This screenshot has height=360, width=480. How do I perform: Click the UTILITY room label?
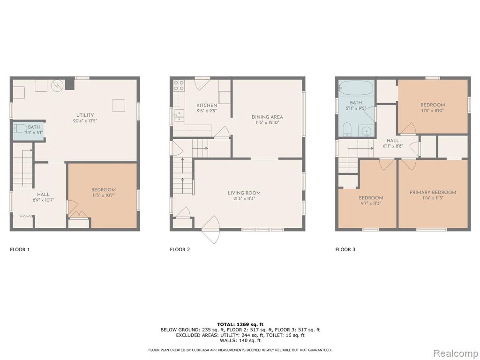click(x=85, y=115)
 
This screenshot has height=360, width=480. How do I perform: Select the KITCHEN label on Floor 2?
click(x=207, y=105)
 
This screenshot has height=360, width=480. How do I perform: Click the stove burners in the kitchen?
click(x=179, y=85)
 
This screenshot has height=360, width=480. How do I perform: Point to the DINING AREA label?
click(x=267, y=117)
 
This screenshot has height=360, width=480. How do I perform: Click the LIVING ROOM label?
click(x=244, y=193)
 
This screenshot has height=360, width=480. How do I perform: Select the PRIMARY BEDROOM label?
click(x=433, y=192)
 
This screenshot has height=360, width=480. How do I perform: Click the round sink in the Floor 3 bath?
click(x=366, y=132)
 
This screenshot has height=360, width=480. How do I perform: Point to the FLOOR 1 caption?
click(x=20, y=249)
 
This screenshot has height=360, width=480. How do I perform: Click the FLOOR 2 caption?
click(x=180, y=249)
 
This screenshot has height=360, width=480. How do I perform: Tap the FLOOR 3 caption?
click(x=345, y=249)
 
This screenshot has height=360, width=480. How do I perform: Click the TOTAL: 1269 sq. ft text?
click(x=240, y=324)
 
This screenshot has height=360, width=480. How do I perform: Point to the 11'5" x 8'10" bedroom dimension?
click(x=433, y=111)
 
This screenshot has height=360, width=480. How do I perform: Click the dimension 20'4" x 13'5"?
click(x=85, y=120)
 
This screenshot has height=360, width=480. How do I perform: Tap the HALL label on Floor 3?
click(x=392, y=141)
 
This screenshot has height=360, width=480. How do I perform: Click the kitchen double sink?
click(x=179, y=115)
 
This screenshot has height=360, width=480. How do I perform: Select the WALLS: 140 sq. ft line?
click(x=240, y=340)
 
